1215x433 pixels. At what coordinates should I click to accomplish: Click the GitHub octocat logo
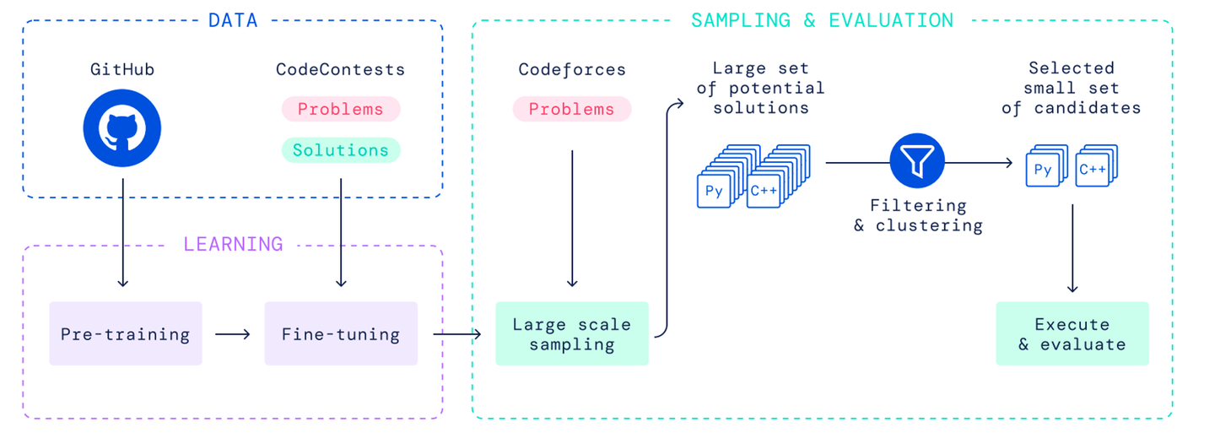coord(122,128)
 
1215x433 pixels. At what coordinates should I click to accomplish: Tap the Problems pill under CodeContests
coord(341,109)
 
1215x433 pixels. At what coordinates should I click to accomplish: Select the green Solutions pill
coord(341,150)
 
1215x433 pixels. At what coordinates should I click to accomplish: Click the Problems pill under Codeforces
coord(572,109)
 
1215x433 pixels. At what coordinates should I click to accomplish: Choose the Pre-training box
coord(125,333)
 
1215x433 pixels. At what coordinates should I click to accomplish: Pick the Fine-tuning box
coord(341,333)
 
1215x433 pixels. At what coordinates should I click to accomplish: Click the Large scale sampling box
coord(572,333)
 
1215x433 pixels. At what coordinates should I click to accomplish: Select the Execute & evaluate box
coord(1072,333)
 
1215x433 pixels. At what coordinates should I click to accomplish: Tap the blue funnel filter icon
coord(917,160)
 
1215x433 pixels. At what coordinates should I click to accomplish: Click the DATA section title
coord(233,20)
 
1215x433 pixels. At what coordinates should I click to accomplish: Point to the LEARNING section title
coord(233,244)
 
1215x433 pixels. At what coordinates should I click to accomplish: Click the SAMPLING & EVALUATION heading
coord(822,20)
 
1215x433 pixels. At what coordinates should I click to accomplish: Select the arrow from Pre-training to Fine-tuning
coord(233,334)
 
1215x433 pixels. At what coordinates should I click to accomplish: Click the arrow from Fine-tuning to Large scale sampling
coord(457,334)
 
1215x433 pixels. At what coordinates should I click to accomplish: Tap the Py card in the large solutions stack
coord(714,191)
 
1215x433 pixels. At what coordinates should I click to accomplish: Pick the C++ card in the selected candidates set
coord(1093,170)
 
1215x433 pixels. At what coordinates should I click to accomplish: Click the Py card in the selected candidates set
coord(1043,170)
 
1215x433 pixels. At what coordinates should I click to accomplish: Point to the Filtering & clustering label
coord(918,215)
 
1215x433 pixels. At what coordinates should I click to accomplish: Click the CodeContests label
coord(341,69)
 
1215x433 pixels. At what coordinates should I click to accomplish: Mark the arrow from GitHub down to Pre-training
coord(122,233)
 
